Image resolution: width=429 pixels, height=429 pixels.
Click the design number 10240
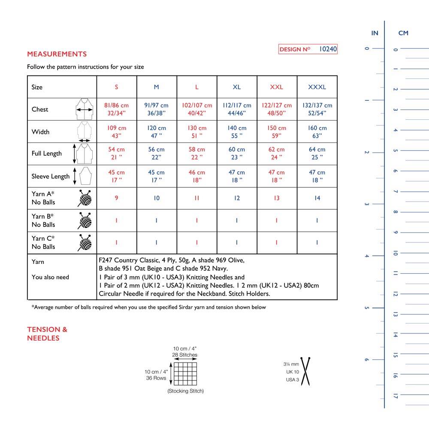328,49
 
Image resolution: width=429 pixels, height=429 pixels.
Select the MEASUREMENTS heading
57,54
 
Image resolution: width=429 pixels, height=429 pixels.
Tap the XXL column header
277,87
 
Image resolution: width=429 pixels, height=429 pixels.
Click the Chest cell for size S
116,109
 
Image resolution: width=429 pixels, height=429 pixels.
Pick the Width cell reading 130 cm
196,131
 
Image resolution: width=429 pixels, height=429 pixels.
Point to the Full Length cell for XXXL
317,154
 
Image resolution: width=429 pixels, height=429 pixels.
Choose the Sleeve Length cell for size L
196,176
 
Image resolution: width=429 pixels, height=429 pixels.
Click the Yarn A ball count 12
237,198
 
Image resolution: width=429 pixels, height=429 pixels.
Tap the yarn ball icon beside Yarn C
85,242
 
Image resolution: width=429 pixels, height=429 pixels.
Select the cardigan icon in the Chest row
85,109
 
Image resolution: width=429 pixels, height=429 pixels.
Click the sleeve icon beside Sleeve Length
84,176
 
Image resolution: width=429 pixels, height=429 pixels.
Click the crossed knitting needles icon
306,370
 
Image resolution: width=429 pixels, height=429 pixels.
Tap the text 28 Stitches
185,355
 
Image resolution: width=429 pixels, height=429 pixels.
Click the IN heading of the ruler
375,33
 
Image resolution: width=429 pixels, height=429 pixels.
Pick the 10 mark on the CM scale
396,253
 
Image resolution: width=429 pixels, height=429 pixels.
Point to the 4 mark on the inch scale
366,256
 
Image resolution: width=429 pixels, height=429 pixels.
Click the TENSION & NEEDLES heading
47,334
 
